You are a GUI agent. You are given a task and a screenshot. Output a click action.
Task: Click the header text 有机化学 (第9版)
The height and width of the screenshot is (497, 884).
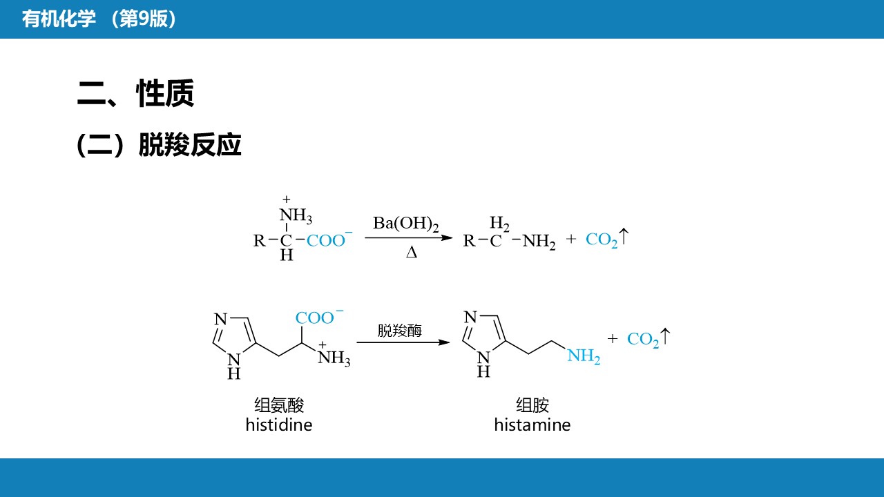click(x=99, y=19)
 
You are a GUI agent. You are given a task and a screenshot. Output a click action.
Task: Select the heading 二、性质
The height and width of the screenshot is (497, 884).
click(x=135, y=94)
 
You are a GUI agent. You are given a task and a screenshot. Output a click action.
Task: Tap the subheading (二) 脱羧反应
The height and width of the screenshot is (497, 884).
click(x=159, y=145)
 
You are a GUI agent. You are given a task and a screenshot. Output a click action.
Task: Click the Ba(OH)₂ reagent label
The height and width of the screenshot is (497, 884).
click(x=406, y=224)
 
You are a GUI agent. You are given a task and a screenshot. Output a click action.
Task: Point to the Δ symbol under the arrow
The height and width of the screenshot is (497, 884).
click(x=412, y=253)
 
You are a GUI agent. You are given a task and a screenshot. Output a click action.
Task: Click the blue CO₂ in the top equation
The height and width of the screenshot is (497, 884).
click(x=602, y=240)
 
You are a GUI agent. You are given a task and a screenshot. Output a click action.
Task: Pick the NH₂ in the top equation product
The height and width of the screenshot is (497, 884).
click(x=539, y=241)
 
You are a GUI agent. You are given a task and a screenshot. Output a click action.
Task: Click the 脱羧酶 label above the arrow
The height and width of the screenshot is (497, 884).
click(x=400, y=331)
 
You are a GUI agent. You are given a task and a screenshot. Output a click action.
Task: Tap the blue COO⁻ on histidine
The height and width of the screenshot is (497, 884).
click(x=319, y=318)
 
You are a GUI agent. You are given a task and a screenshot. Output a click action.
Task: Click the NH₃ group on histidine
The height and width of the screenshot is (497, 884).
click(x=334, y=358)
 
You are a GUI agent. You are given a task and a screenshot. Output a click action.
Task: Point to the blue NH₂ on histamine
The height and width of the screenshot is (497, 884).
click(x=584, y=356)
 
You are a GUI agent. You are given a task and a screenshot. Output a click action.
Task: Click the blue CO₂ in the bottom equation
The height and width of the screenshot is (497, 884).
click(x=643, y=339)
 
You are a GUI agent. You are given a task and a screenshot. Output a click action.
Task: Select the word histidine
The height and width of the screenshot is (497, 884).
click(x=279, y=425)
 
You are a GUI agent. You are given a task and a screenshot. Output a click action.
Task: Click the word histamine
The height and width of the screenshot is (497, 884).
click(x=532, y=425)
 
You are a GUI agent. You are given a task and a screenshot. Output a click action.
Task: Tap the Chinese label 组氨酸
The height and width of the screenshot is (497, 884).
click(x=279, y=405)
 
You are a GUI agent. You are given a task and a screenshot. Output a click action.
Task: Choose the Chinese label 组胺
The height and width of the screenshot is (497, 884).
click(x=532, y=405)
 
